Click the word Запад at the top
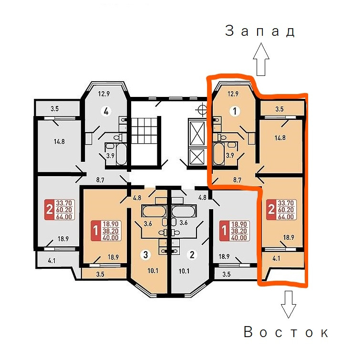click(x=260, y=31)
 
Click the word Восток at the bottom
click(x=286, y=332)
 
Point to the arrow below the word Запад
click(x=261, y=59)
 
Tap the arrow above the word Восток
click(x=288, y=304)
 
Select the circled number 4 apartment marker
click(x=106, y=111)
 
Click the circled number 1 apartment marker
click(x=235, y=111)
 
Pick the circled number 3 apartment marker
click(x=145, y=254)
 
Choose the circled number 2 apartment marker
click(x=192, y=254)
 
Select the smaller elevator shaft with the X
click(x=197, y=157)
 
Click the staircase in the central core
click(x=145, y=141)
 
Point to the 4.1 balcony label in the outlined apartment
click(x=276, y=258)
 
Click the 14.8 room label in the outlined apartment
click(x=280, y=138)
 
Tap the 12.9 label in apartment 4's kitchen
click(x=104, y=94)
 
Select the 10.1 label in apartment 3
click(x=153, y=271)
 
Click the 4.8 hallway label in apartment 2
click(x=202, y=197)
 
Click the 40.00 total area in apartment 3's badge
click(x=111, y=238)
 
